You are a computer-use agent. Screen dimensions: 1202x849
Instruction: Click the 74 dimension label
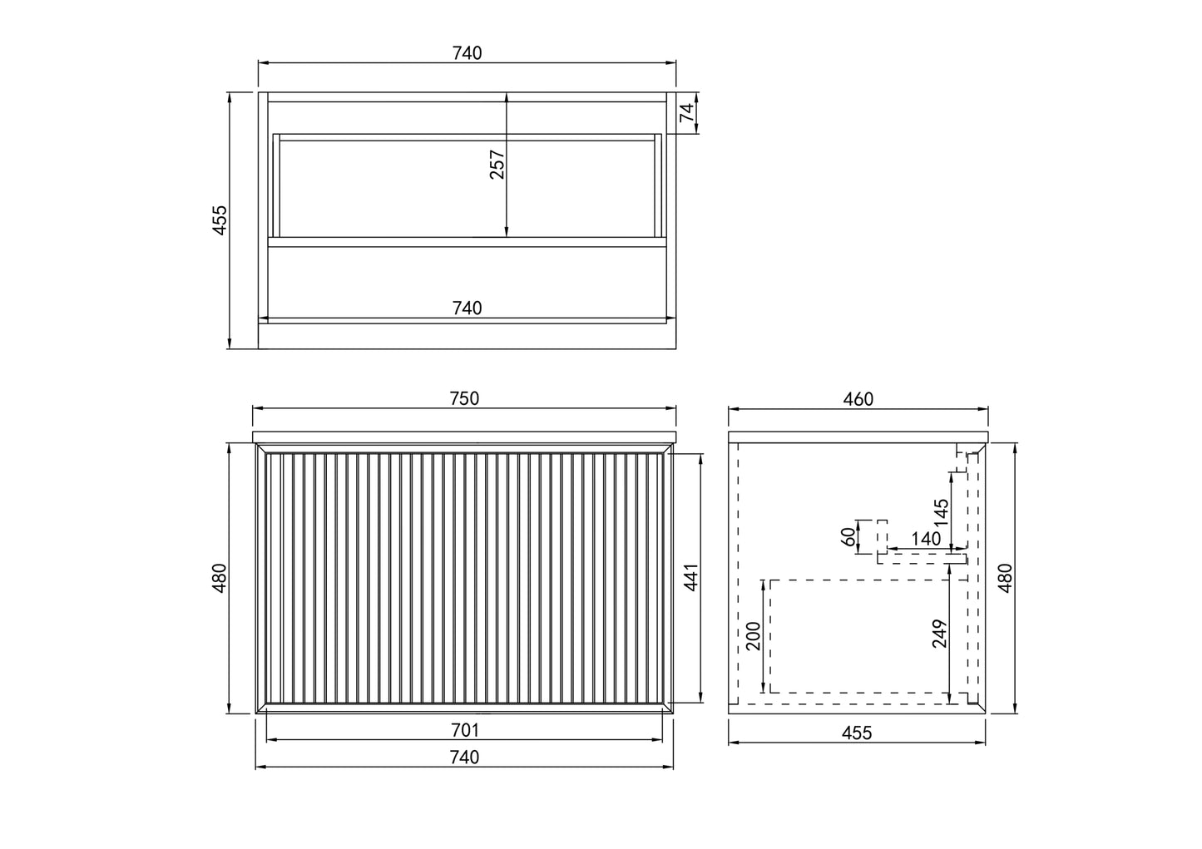coord(687,112)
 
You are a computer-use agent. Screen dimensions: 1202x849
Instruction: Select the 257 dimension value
coord(497,165)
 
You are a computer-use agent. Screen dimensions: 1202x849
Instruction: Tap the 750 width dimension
coord(464,398)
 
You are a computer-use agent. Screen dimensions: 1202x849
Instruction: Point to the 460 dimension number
coord(858,399)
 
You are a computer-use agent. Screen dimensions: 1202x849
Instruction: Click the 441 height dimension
coord(691,577)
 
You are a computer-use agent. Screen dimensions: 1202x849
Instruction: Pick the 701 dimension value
coord(464,730)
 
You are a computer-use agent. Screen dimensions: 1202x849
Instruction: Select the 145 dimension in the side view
coord(941,513)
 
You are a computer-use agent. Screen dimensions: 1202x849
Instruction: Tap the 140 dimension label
coord(926,539)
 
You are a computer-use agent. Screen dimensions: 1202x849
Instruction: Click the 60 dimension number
coord(848,536)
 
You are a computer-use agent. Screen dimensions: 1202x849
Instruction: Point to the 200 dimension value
coord(754,636)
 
